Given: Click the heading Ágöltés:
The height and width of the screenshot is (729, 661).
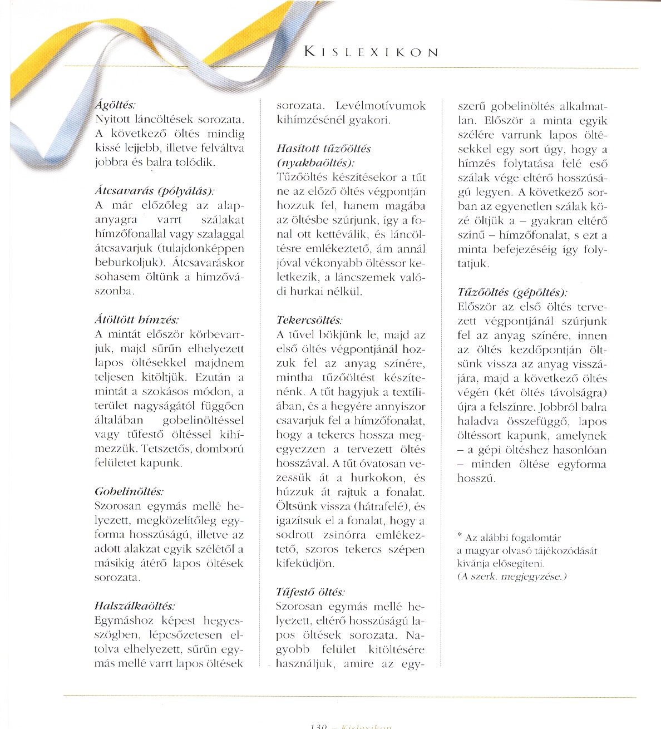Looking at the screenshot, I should click(115, 105).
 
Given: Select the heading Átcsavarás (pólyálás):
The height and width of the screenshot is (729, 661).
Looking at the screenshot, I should click(154, 191).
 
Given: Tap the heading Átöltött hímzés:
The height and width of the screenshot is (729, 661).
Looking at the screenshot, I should click(136, 320).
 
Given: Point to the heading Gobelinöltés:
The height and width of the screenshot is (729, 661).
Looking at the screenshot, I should click(129, 492).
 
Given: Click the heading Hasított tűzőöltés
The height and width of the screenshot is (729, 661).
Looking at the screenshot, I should click(323, 149).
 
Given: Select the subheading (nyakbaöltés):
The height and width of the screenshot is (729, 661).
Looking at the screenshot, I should click(315, 163).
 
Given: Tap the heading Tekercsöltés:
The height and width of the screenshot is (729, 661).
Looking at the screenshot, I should click(309, 321).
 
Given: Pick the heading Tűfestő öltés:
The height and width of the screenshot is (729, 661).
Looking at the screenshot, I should click(310, 592).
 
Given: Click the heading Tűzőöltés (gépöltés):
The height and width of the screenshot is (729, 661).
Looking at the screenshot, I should click(512, 292).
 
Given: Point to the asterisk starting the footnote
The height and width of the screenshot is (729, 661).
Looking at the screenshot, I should click(460, 536).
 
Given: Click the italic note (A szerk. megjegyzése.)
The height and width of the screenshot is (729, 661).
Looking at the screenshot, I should click(511, 577).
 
